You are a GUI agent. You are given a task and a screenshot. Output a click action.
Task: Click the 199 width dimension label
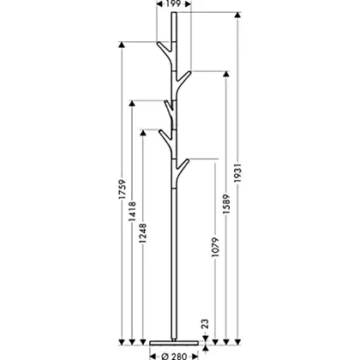(173, 3)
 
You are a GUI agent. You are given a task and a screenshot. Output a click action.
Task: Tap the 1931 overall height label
(237, 173)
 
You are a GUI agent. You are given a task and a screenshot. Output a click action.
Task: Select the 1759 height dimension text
(123, 189)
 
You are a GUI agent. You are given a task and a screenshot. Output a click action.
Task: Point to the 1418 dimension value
(132, 212)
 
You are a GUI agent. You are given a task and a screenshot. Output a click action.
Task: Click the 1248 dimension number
(142, 233)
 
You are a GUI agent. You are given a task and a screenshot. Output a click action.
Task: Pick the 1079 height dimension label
(215, 247)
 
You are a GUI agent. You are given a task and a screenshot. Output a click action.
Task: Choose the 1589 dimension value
(226, 204)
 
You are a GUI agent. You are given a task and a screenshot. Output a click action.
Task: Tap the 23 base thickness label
(205, 324)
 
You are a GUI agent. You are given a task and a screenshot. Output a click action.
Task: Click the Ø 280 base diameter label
(174, 357)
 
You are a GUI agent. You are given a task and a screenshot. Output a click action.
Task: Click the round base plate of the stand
(174, 343)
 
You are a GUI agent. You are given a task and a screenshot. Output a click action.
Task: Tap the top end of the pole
(174, 12)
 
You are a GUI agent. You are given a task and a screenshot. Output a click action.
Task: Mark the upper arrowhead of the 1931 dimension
(237, 15)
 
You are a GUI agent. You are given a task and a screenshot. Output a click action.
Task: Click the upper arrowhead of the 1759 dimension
(122, 45)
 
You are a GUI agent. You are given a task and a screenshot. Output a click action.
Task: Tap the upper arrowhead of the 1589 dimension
(226, 74)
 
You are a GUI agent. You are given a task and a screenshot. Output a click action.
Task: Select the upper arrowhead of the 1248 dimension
(142, 133)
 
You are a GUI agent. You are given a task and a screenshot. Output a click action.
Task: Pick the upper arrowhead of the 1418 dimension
(132, 103)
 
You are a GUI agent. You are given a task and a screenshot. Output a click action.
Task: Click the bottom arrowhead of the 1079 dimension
(215, 342)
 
